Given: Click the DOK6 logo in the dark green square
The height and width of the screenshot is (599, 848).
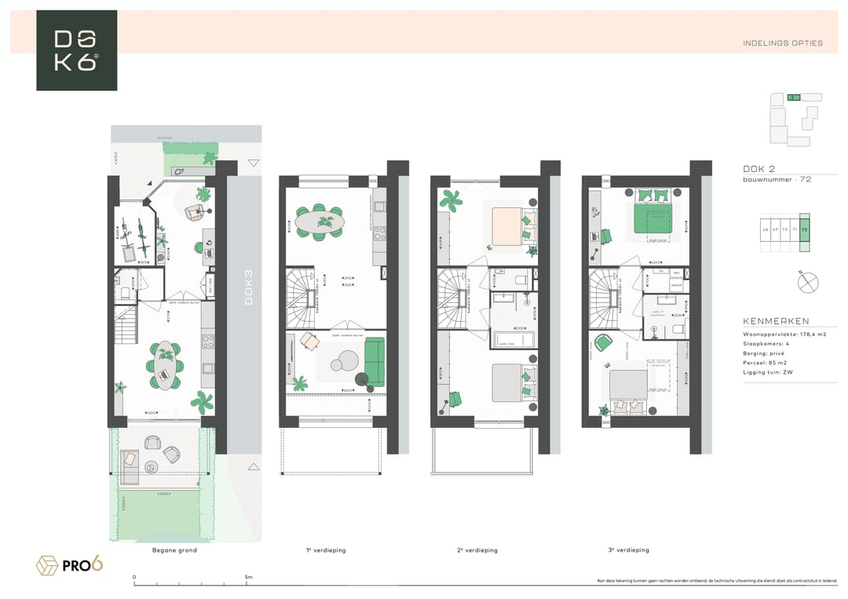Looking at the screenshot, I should coord(76,50).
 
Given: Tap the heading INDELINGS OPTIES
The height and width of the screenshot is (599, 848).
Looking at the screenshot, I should coord(782,43).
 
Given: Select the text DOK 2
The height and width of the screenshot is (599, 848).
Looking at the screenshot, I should coord(758,169).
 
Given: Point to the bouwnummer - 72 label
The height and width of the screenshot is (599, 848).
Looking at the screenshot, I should coord(777,180).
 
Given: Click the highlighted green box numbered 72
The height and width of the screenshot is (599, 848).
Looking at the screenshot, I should coord(804,232).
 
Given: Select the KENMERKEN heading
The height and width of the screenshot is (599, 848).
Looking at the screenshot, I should coord(776,321).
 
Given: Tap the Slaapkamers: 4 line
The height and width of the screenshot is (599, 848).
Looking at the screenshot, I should coord(766,344).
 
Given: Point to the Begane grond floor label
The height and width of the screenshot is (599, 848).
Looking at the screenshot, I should coord(174,550).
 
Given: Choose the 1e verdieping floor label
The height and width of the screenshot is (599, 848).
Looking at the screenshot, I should coord(326,550).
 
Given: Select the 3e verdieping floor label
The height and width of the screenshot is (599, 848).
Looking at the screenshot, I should coord(628,550).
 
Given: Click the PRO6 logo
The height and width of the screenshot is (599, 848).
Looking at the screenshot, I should coord(71,564).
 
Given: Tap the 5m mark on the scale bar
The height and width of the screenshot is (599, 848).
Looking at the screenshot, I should coord(249,577).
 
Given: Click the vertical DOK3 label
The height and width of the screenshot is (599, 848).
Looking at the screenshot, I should coord(249,287).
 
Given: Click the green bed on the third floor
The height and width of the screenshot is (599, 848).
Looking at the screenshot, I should coord(654,217).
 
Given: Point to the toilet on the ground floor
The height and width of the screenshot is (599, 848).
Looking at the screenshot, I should coord(126,293).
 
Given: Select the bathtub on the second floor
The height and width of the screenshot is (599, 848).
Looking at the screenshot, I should coord(514,340).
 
